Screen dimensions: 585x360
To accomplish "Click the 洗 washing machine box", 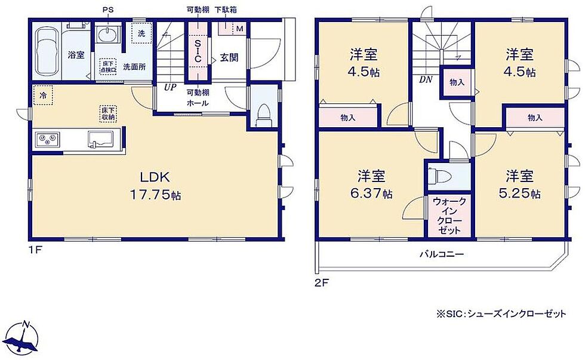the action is click(141, 33).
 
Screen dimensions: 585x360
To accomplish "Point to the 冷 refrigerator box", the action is click(43, 95).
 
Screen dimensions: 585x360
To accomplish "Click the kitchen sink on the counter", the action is click(101, 140).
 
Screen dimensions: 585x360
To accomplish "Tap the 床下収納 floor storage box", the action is click(108, 113).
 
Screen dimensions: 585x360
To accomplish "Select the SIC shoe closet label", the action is click(198, 51).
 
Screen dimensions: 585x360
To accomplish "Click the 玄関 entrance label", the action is click(229, 57).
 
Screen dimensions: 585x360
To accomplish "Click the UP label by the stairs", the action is click(170, 87).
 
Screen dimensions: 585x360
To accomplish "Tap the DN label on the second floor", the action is click(426, 79).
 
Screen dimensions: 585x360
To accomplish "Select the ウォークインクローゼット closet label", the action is click(449, 216).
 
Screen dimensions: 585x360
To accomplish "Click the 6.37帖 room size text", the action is click(371, 193).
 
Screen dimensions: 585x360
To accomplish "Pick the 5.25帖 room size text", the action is click(519, 193).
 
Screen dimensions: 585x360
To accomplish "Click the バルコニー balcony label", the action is click(442, 255).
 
